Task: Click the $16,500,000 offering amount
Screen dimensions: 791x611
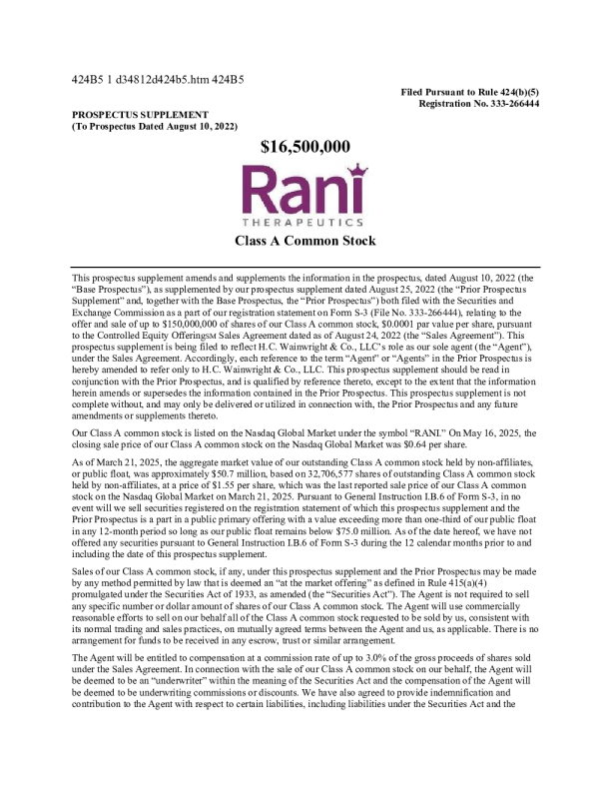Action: point(305,147)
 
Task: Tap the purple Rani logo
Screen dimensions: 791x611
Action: point(305,188)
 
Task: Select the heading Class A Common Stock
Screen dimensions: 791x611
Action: point(305,241)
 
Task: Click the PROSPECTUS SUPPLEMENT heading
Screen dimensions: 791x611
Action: point(140,115)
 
